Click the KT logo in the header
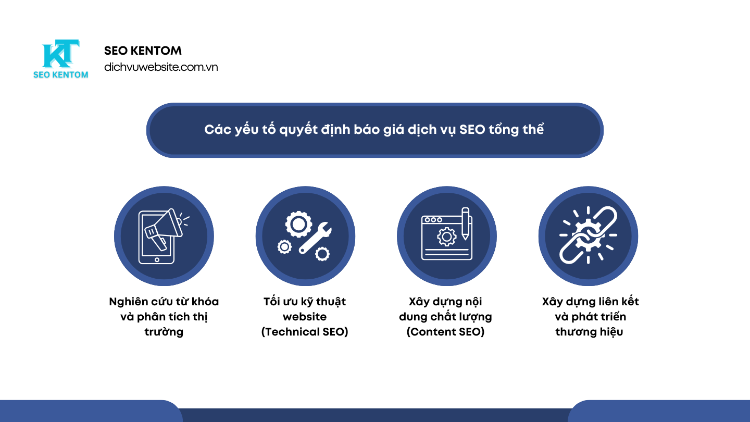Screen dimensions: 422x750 click(60, 54)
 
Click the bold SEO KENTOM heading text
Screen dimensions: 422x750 click(143, 51)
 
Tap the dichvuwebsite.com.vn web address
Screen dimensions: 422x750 click(161, 67)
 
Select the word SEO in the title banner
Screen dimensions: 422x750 click(472, 129)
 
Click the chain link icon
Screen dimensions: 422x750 click(588, 235)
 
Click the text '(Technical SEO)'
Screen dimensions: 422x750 click(305, 332)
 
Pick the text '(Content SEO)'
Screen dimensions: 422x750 click(445, 332)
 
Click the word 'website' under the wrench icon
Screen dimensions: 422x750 click(305, 317)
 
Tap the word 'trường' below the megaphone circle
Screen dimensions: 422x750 click(164, 332)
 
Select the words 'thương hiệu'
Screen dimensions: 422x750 click(589, 332)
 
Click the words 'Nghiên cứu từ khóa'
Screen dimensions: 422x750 click(164, 302)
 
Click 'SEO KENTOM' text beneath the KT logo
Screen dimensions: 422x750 click(60, 75)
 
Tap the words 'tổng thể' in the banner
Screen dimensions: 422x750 click(516, 129)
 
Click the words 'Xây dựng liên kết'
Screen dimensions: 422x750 click(590, 302)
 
